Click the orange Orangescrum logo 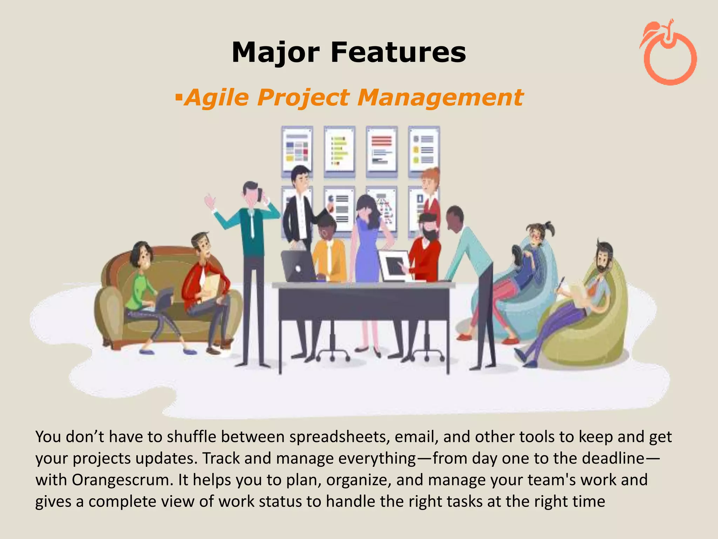669,53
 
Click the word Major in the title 276,53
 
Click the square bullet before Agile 179,95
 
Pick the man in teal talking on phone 252,246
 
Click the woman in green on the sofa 140,281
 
